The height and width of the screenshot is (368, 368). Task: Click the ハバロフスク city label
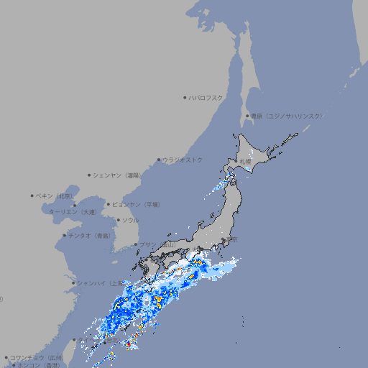206,98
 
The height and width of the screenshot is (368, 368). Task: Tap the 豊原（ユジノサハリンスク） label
286,116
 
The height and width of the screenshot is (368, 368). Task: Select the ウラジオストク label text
183,160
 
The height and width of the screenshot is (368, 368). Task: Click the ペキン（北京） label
55,195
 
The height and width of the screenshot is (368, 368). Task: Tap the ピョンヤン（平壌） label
137,204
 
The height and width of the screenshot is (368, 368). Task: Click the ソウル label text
130,220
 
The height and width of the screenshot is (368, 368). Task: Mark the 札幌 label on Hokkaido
246,162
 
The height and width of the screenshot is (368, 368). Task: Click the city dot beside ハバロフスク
185,98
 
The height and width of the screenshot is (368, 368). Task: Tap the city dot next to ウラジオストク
159,160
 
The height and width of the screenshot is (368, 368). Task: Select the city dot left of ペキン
32,195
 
